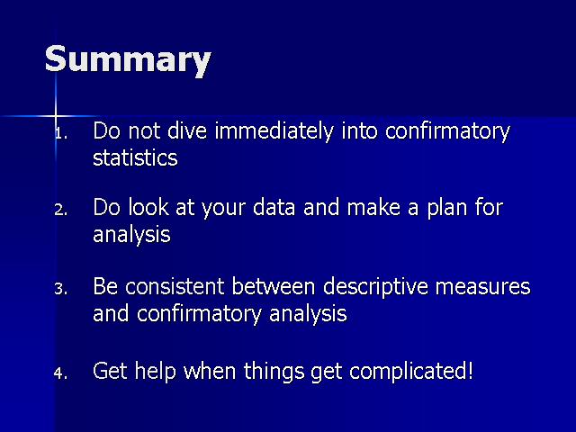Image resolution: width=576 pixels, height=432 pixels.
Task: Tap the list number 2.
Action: (60, 210)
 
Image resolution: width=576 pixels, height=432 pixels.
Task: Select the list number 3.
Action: (60, 289)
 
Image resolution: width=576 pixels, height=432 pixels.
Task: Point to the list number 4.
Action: (60, 373)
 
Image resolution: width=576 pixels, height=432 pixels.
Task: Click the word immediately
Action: (274, 131)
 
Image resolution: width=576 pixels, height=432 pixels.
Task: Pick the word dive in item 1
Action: (187, 130)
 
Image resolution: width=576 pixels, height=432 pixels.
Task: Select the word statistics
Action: (135, 157)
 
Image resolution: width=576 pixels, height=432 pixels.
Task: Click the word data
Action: (274, 207)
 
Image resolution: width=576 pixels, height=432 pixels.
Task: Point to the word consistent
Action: (174, 286)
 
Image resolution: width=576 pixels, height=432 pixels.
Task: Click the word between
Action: (274, 286)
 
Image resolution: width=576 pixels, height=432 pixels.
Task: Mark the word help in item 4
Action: (155, 372)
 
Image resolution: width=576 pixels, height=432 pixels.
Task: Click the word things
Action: (274, 372)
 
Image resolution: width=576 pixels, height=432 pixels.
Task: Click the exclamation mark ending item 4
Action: (470, 370)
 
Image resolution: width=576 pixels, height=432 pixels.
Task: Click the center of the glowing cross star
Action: (56, 116)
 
